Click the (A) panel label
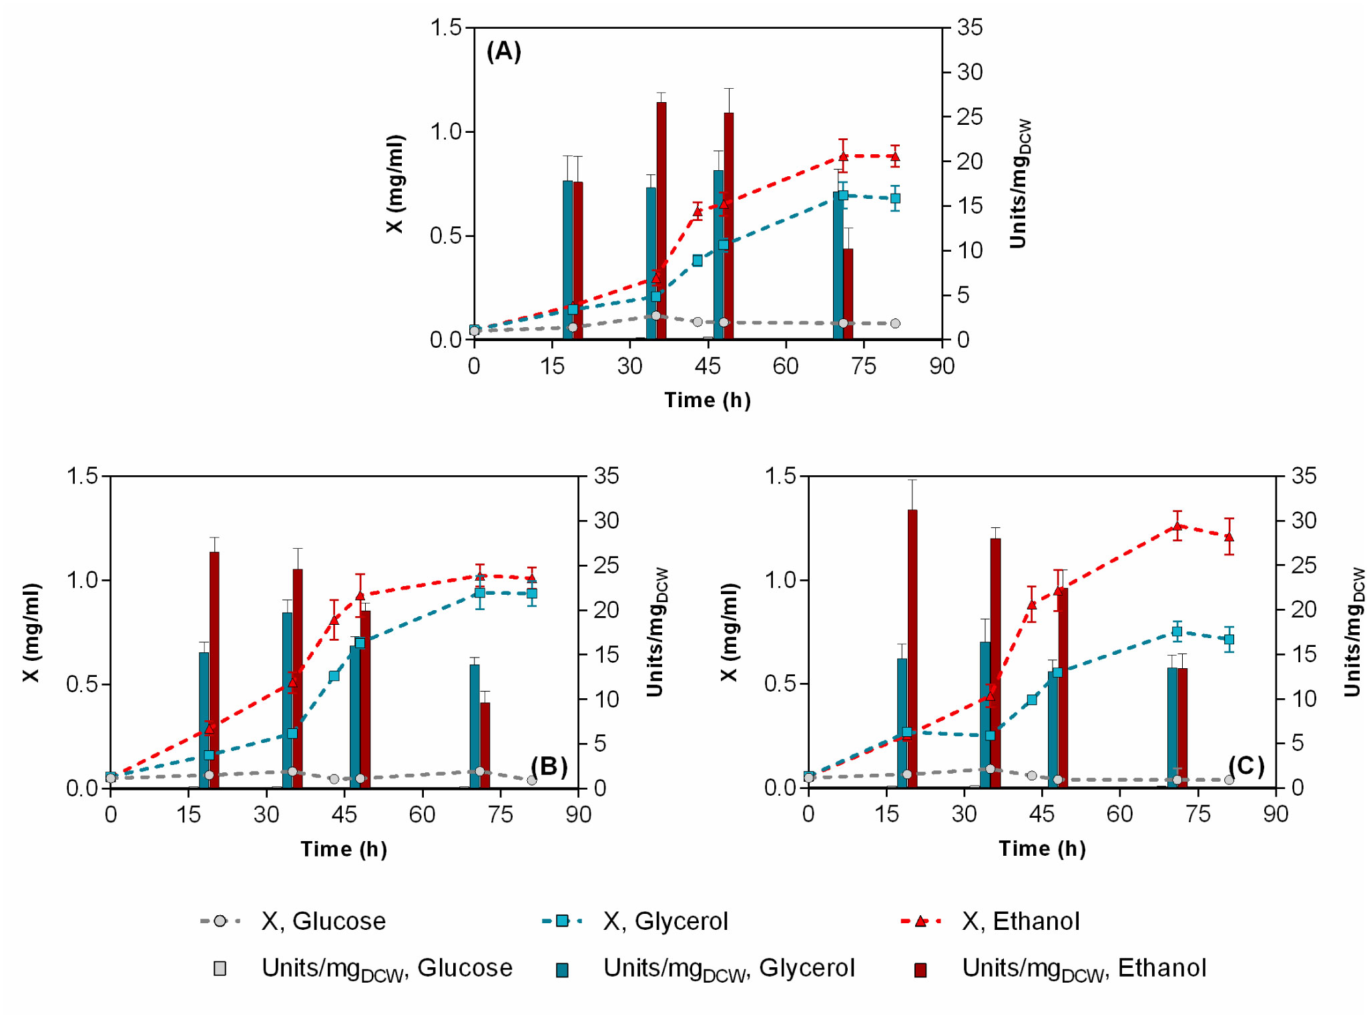coord(503,51)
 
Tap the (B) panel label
coord(549,766)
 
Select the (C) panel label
coord(1246,765)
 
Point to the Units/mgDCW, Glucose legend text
coord(386,969)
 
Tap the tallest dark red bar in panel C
coord(912,648)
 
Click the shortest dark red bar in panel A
coord(848,294)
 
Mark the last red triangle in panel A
coord(894,158)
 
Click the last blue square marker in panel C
coord(1229,639)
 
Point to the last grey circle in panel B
coord(531,780)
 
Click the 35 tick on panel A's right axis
coord(969,27)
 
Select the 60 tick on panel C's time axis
coord(1119,814)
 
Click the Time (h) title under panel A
coord(707,400)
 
